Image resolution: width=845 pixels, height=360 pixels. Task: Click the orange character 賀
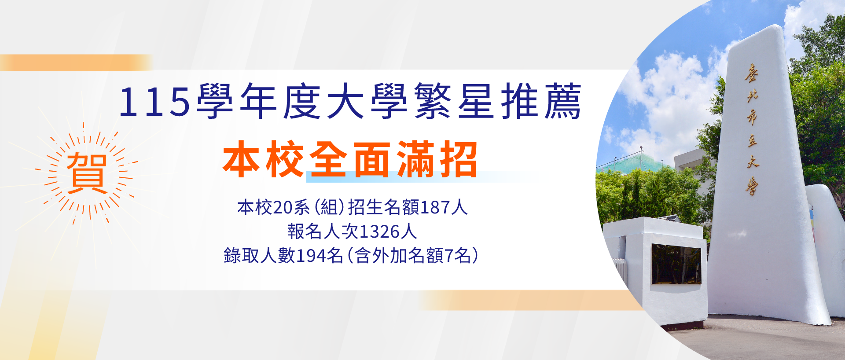[x=87, y=173]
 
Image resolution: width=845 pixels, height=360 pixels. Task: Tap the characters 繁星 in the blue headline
[x=453, y=101]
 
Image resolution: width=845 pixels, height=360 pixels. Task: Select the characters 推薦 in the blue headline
[x=541, y=101]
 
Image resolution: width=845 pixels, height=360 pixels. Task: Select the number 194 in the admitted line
[x=311, y=256]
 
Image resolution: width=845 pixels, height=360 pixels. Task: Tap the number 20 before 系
[x=282, y=207]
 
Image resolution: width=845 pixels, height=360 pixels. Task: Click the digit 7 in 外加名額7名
[x=449, y=256]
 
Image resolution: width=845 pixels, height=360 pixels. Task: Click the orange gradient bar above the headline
[x=75, y=62]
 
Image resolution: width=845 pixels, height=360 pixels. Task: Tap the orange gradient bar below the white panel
[x=528, y=300]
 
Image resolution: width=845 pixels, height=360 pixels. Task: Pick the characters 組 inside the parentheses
[x=329, y=207]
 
